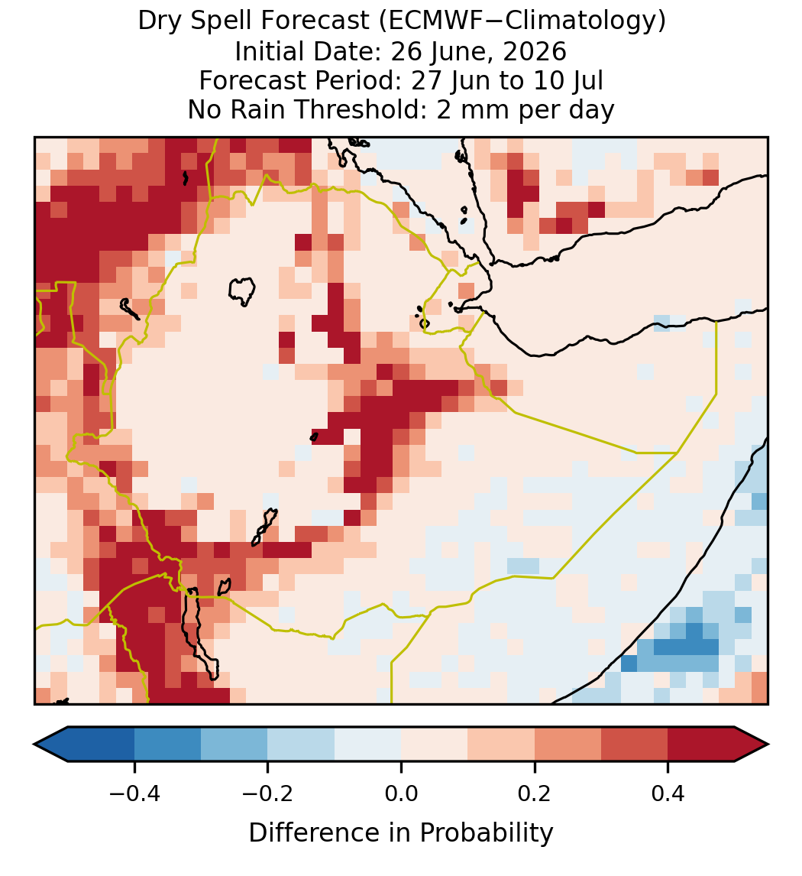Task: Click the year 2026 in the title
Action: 535,51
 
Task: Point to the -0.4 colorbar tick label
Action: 134,793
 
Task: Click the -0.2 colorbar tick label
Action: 267,793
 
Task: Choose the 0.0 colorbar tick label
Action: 401,793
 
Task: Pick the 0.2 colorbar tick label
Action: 535,793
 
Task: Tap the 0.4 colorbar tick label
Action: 668,793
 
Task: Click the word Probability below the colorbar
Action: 487,833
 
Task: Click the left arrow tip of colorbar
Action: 34,745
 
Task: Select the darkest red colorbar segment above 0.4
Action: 701,745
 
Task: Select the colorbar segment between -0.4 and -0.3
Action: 167,745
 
